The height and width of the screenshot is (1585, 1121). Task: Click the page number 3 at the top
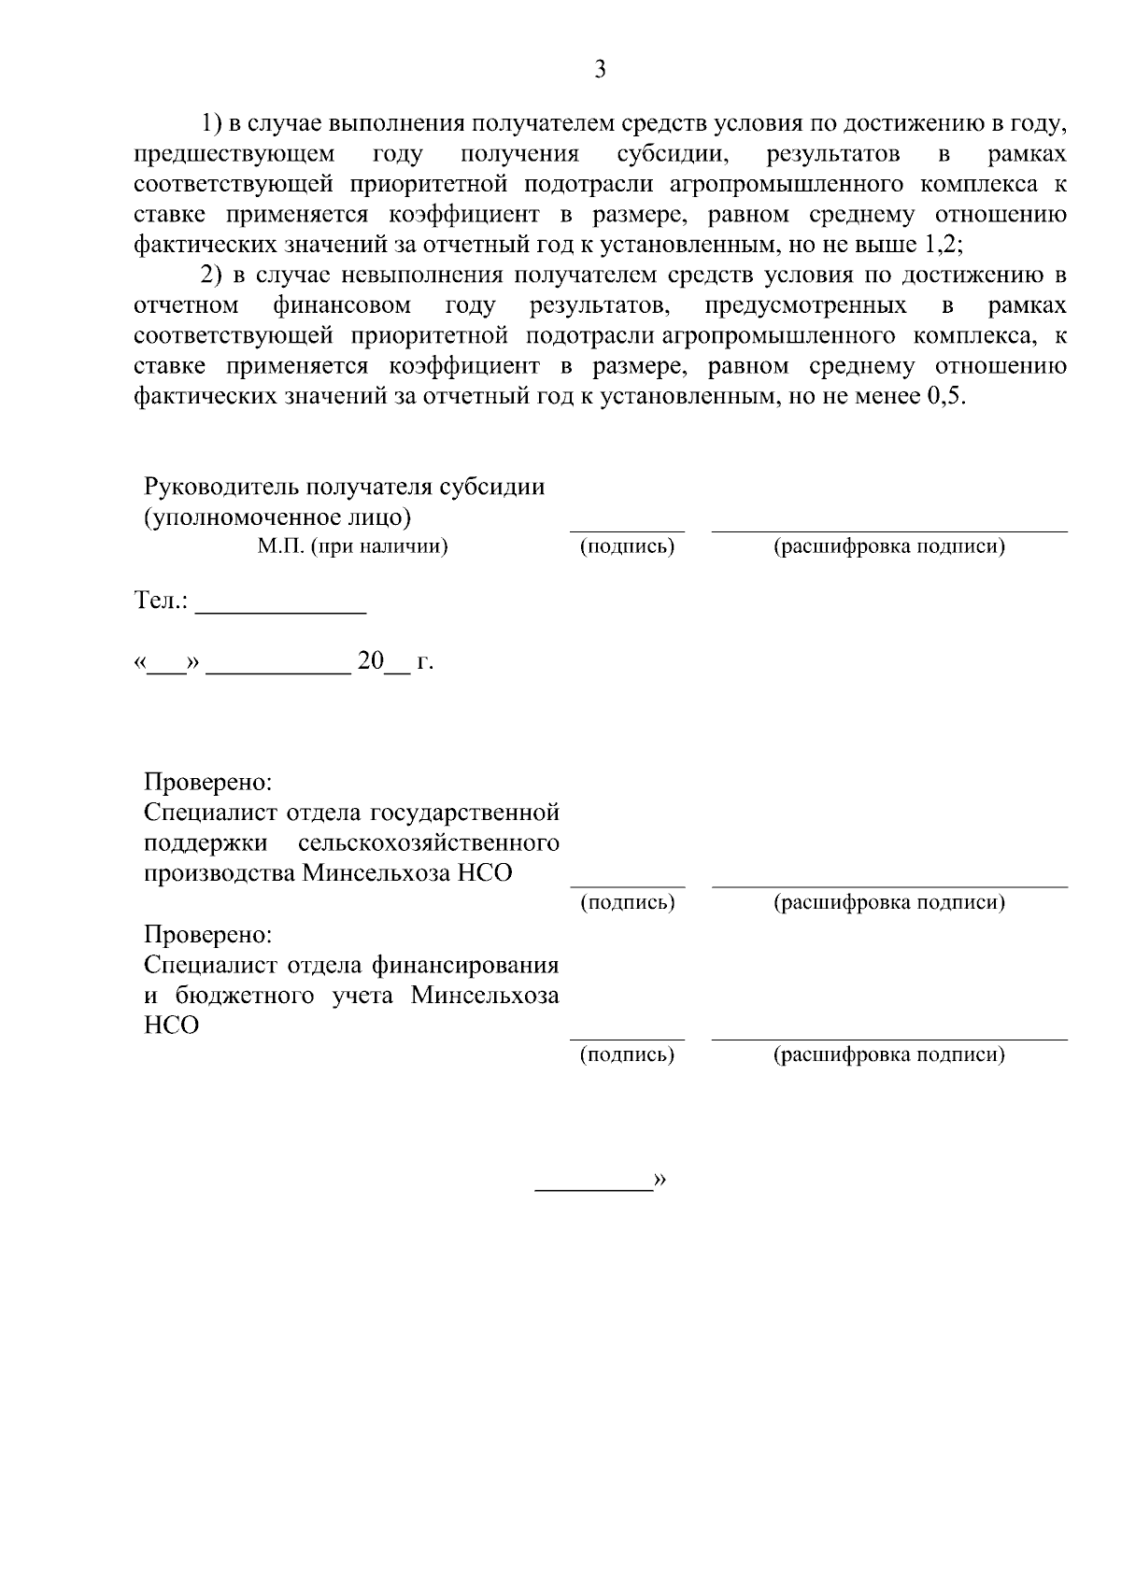[x=600, y=69]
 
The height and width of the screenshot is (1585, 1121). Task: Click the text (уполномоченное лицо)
[x=277, y=517]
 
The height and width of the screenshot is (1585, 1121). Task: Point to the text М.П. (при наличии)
[x=353, y=547]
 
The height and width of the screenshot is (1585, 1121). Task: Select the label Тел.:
[x=162, y=601]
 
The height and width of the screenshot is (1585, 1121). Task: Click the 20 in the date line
[x=371, y=661]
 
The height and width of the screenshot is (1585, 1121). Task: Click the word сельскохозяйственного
[x=429, y=843]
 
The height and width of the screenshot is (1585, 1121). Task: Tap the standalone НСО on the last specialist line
[x=172, y=1026]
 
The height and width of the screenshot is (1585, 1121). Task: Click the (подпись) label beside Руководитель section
[x=627, y=547]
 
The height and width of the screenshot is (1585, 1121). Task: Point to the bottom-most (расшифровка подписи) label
[x=888, y=1055]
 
